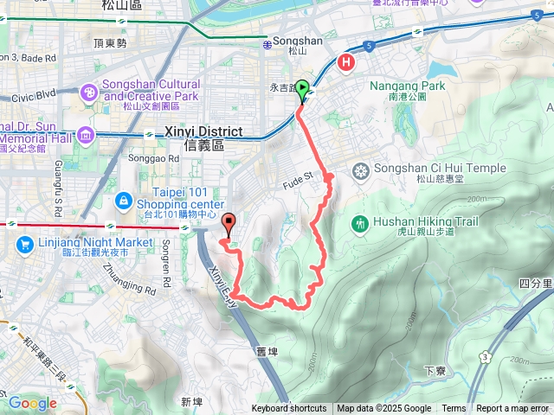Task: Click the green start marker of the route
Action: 302,88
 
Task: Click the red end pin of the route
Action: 229,222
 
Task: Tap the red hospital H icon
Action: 347,62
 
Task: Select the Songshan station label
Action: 297,40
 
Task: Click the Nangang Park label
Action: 407,86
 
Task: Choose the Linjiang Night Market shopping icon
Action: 23,246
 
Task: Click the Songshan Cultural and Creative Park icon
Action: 89,92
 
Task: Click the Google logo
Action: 32,403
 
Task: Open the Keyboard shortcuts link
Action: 289,409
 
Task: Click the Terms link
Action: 454,409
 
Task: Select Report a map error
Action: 512,409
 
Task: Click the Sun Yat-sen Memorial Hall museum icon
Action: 86,136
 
